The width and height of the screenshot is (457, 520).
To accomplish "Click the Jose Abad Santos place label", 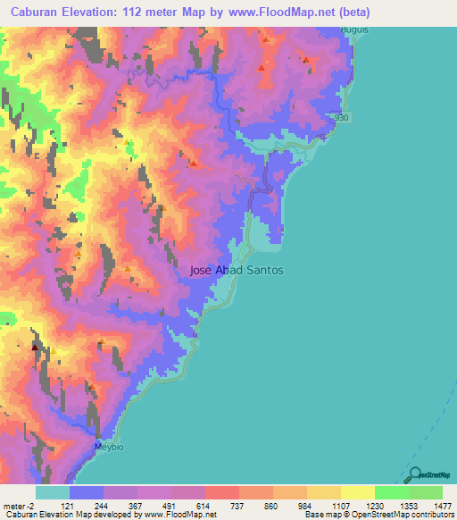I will [237, 269].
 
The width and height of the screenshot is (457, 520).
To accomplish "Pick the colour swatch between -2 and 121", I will [53, 493].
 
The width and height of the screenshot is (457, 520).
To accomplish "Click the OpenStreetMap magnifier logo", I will [412, 475].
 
